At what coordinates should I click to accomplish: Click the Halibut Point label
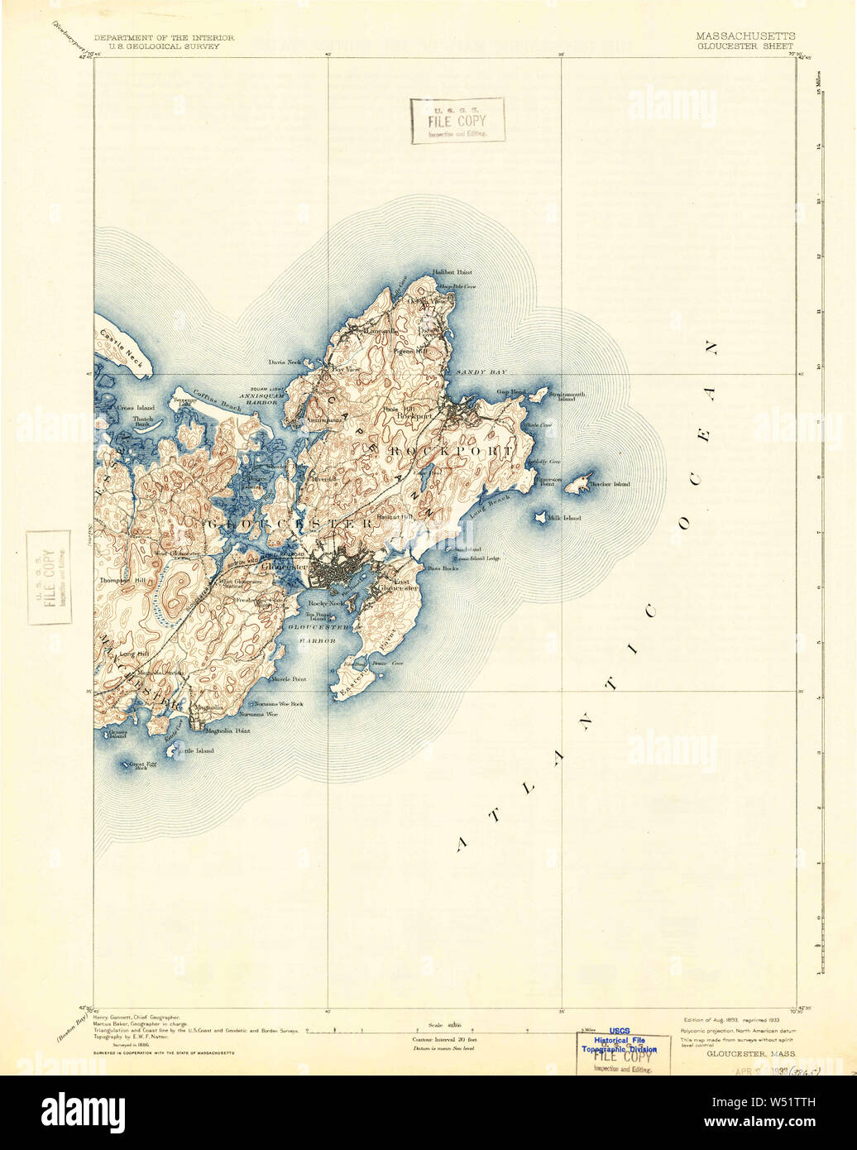(451, 272)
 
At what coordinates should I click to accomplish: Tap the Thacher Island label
(610, 484)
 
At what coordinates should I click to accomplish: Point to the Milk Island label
(567, 518)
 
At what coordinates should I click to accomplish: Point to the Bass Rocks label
(442, 568)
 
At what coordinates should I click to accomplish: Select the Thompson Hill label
(122, 581)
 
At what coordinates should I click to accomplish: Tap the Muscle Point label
(289, 678)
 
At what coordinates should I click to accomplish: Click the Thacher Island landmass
(577, 485)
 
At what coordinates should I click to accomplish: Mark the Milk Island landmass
(540, 517)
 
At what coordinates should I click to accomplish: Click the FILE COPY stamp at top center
(457, 120)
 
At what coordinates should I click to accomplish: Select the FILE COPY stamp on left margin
(48, 577)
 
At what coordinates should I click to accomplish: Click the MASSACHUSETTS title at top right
(745, 36)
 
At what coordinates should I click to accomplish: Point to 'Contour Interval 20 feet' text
(443, 1038)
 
